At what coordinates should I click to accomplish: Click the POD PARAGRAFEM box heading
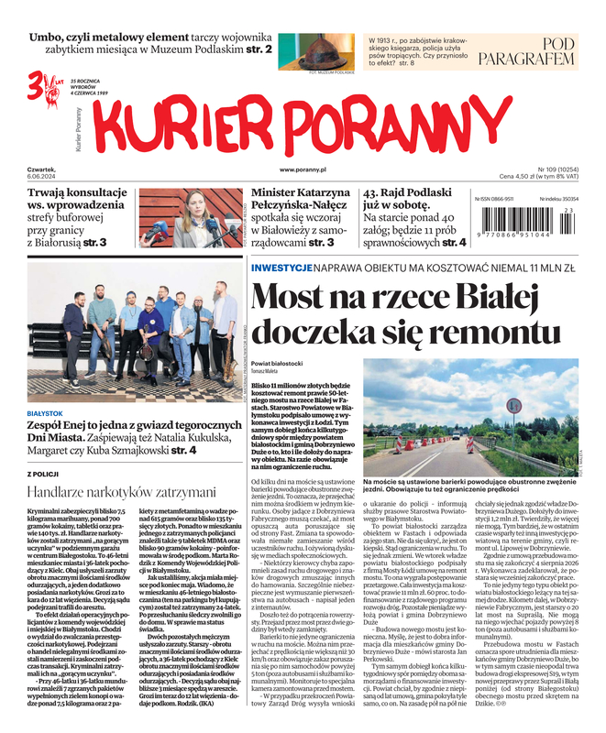[545, 53]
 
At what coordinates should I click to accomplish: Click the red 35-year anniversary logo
[42, 83]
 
